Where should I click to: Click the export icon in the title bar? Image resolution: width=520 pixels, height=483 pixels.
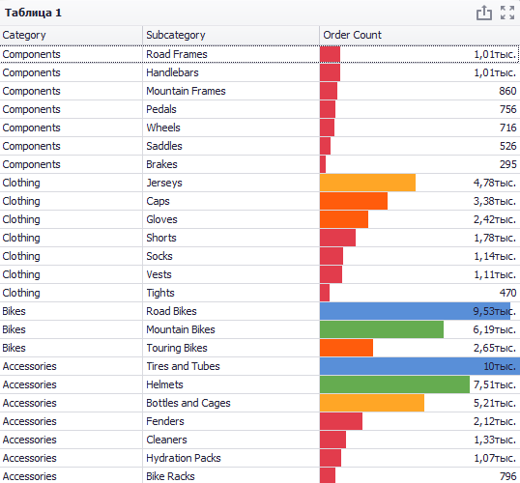pos(484,13)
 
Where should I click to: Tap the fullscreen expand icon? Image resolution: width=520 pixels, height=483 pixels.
pos(507,13)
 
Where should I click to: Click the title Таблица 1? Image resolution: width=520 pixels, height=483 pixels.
pos(33,13)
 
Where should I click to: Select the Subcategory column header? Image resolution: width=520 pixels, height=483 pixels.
pos(176,35)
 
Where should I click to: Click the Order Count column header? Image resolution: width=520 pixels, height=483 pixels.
pos(352,35)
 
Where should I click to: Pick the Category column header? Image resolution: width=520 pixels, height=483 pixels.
pos(24,35)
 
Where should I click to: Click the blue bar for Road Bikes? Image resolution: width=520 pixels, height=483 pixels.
pos(415,311)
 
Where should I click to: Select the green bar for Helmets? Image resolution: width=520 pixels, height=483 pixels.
pos(394,384)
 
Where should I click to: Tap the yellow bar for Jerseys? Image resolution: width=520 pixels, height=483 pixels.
pos(367,183)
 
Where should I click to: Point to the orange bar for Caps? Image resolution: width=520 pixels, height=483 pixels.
pos(354,201)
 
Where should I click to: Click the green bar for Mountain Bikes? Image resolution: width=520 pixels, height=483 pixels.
pos(382,329)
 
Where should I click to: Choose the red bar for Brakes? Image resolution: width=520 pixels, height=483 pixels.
pos(323,164)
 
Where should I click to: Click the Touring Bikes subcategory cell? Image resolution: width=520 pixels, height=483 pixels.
pos(177,348)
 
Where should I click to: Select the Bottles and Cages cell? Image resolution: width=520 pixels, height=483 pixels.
pos(188,403)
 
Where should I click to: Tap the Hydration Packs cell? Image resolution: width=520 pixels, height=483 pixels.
pos(184,458)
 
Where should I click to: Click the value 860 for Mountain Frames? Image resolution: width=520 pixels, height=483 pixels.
pos(507,91)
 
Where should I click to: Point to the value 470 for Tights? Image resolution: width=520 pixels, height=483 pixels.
pos(507,293)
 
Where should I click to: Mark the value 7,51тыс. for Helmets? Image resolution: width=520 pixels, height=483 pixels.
pos(495,384)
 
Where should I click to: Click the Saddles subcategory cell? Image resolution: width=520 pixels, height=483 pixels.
pos(164,146)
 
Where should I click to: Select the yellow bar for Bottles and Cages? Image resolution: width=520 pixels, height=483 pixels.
pos(372,403)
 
